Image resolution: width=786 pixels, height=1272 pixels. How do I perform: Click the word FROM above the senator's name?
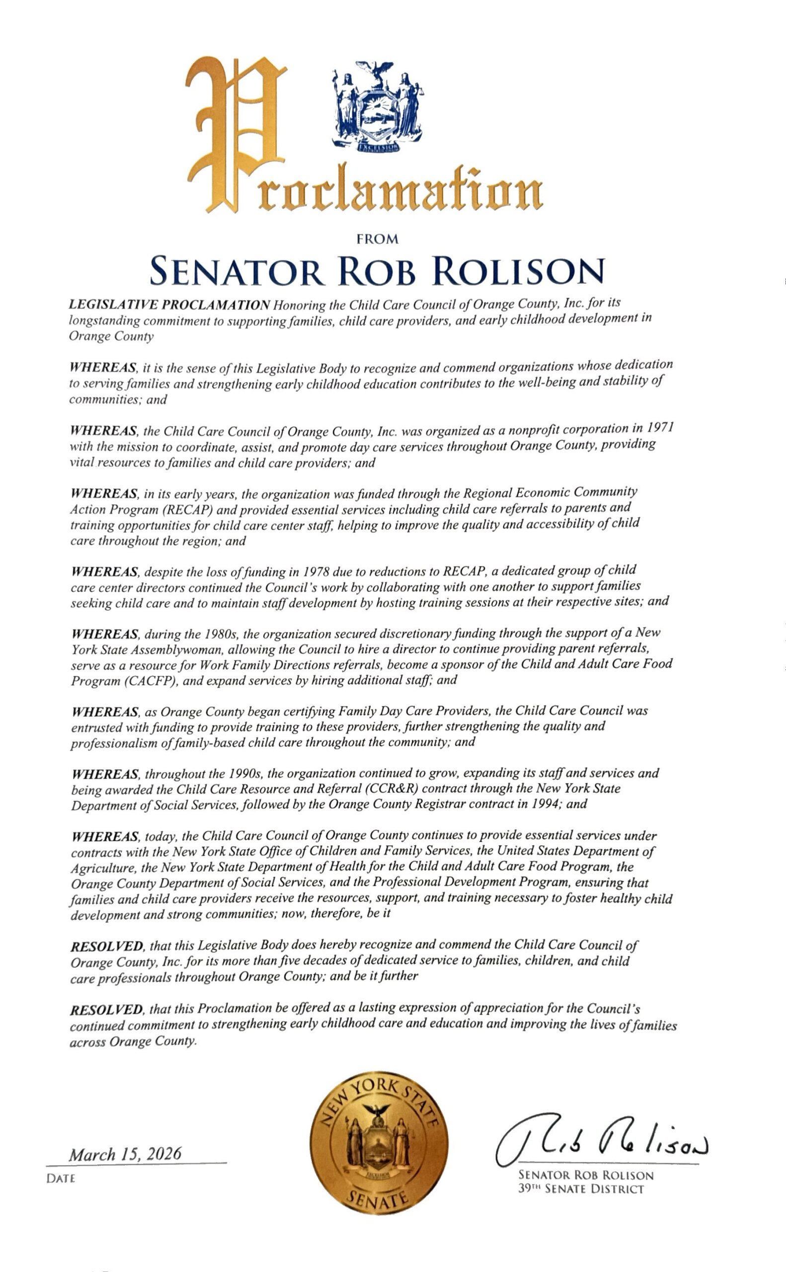378,239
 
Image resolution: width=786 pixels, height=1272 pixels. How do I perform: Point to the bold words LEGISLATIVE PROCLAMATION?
169,305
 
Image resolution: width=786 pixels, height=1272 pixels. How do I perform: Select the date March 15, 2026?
125,1155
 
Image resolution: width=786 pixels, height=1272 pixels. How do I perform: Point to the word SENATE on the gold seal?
378,1198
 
